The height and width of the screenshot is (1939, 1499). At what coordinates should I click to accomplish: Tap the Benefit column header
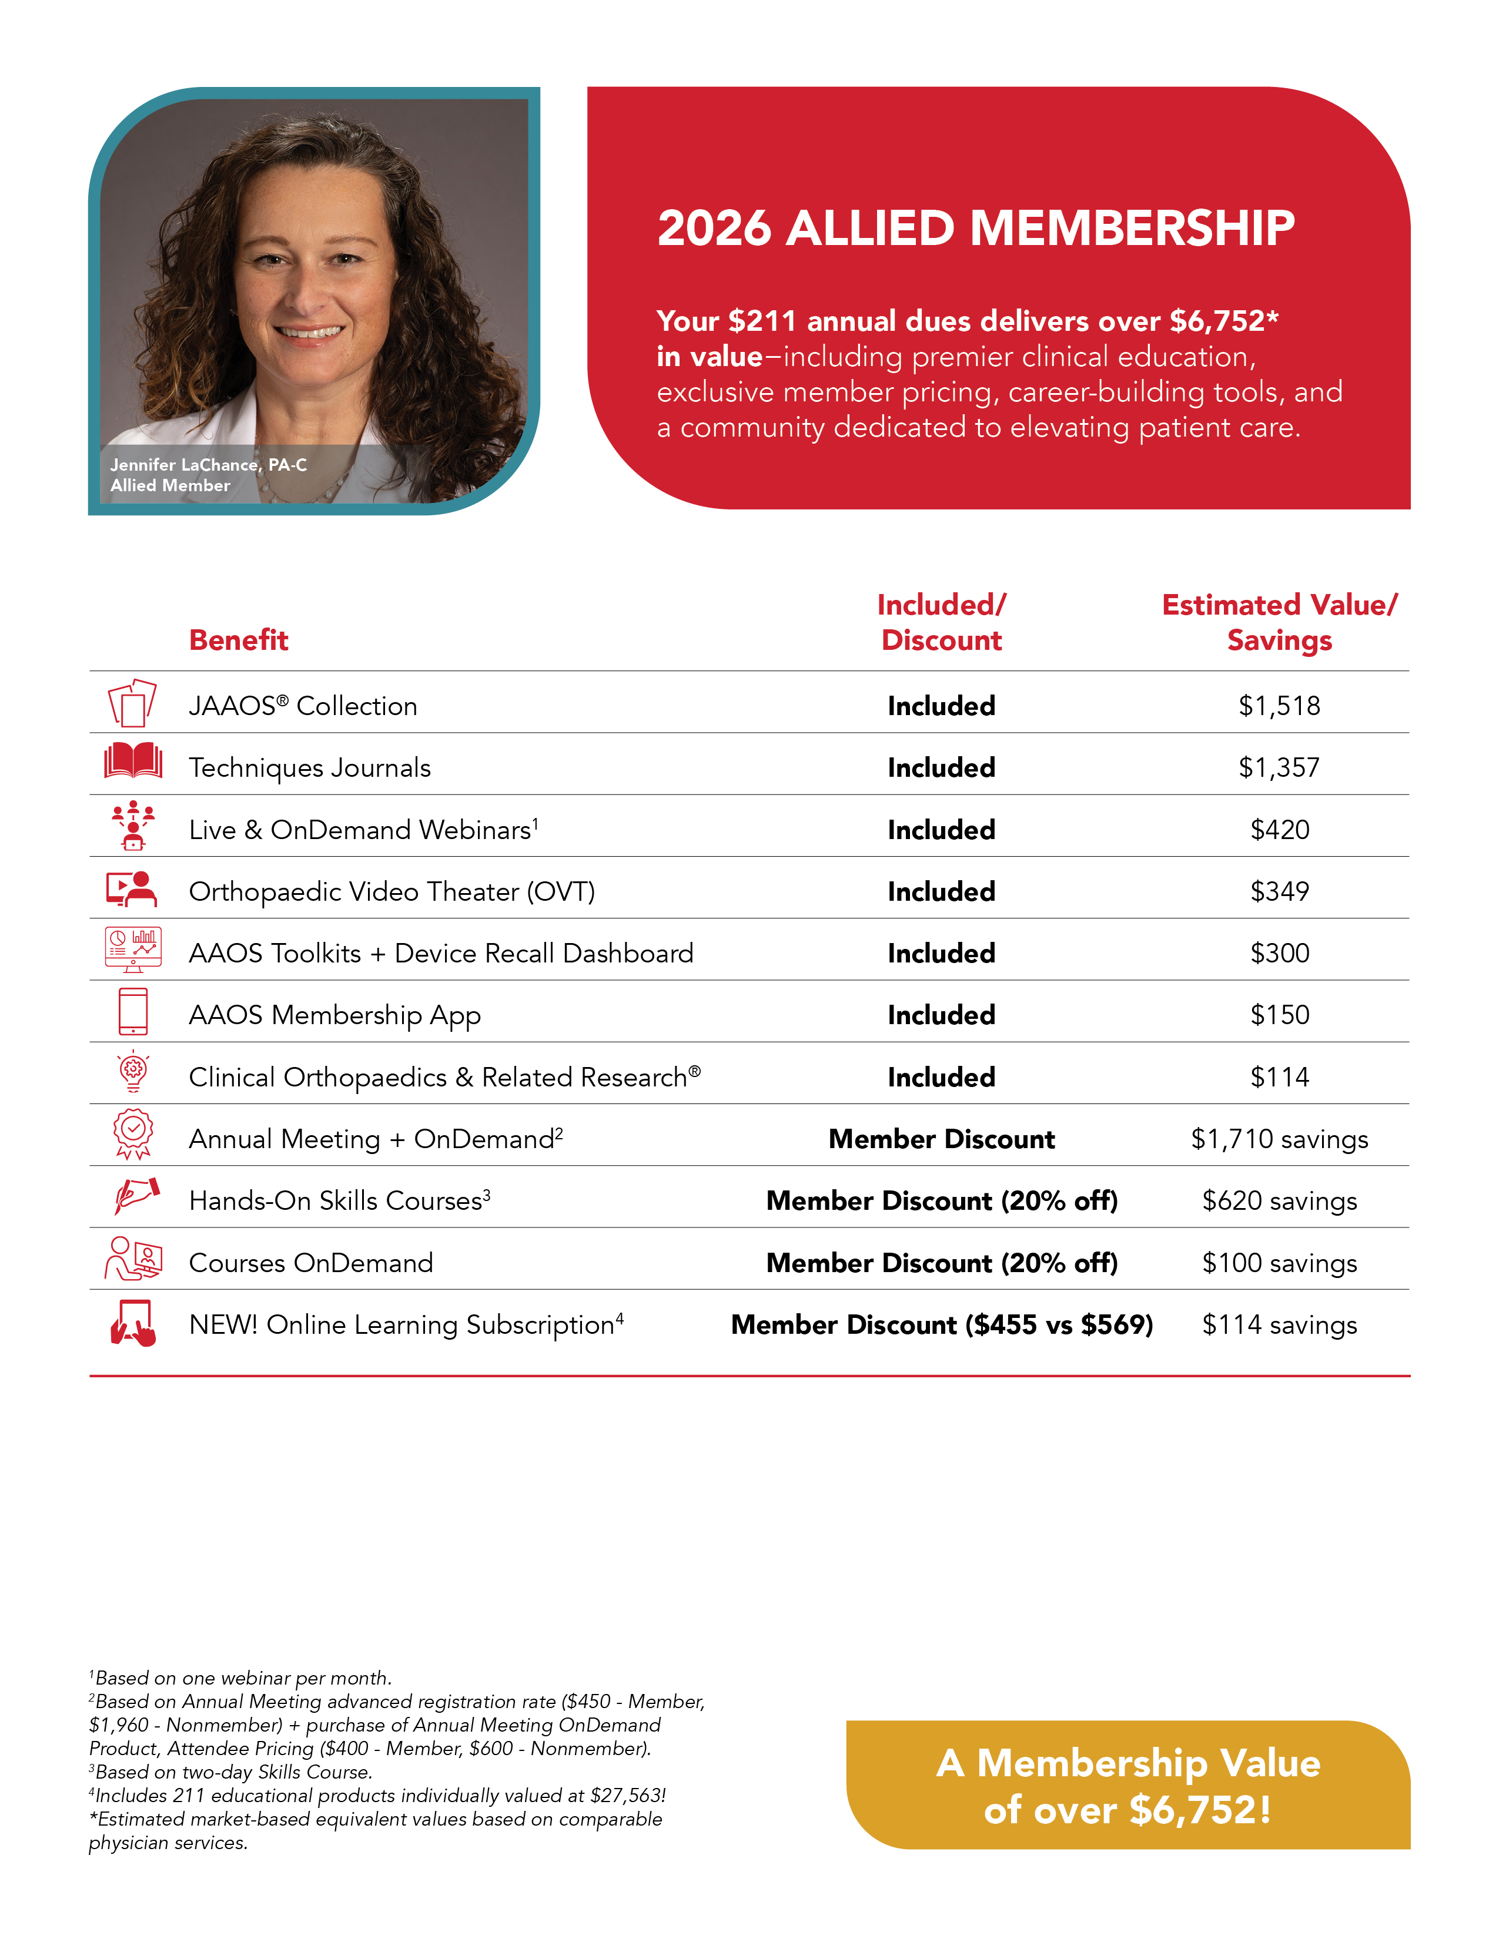point(238,640)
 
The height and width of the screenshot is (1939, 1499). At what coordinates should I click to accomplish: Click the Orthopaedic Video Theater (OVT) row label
point(392,891)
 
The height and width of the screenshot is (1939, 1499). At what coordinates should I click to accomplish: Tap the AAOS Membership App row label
point(335,1015)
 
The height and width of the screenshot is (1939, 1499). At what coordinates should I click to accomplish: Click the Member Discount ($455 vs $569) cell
point(941,1324)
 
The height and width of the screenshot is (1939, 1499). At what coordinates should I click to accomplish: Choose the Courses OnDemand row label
point(311,1263)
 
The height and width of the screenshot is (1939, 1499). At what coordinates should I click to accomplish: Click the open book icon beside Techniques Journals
point(133,761)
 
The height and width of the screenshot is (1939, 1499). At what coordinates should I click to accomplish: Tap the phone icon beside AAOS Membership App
point(133,1012)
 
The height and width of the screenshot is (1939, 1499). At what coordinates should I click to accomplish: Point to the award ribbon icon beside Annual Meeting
point(133,1135)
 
